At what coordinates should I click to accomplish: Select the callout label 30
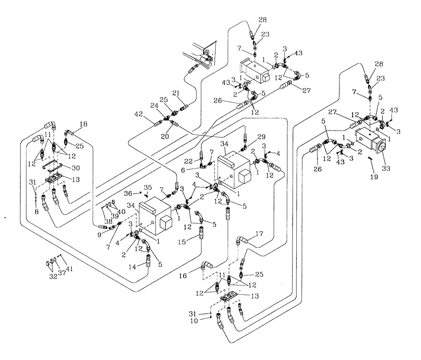pyautogui.click(x=88, y=167)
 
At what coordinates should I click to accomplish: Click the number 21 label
pyautogui.click(x=176, y=93)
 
